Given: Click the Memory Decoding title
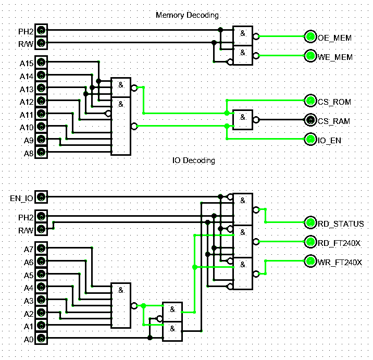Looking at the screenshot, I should click(x=187, y=15).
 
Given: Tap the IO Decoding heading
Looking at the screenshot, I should click(x=193, y=160).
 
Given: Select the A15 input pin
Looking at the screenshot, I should click(x=41, y=63).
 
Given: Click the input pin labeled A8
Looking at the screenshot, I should click(x=41, y=153).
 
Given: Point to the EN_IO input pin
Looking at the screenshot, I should click(x=41, y=197).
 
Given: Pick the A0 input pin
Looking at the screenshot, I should click(x=41, y=339).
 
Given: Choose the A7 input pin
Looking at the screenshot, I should click(x=41, y=249).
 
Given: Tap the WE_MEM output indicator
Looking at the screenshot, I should click(x=310, y=55).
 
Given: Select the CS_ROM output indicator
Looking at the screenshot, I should click(x=310, y=101).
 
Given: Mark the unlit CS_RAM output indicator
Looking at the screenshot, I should click(x=310, y=120).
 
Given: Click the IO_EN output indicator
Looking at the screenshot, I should click(x=310, y=139).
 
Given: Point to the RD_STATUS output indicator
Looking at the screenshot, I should click(x=310, y=223).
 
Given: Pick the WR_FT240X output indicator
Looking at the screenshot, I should click(x=310, y=261).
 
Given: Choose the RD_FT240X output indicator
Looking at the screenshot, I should click(x=310, y=242).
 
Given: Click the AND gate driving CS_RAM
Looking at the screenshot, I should click(x=242, y=120).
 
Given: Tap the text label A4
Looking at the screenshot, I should click(x=28, y=288).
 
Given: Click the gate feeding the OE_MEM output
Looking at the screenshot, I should click(x=242, y=36).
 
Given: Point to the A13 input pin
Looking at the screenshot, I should click(x=41, y=89).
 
